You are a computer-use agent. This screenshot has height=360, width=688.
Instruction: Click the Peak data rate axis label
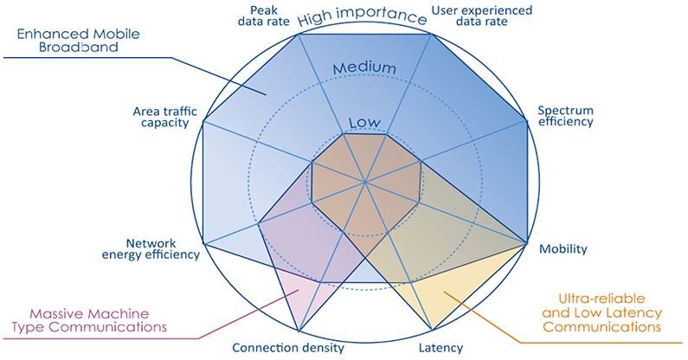point(264,16)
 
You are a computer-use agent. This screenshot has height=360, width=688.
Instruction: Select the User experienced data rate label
point(482,16)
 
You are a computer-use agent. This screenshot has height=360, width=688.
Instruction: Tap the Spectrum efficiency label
point(566,116)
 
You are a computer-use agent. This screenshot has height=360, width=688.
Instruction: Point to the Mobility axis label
point(563,249)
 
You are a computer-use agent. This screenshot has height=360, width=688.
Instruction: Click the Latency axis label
point(441,348)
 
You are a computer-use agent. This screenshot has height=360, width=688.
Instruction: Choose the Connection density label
point(288,348)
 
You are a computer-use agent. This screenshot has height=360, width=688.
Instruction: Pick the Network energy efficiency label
point(151,249)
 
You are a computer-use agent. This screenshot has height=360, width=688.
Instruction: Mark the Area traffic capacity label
point(165,117)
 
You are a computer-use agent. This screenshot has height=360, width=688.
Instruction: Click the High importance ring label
point(363,16)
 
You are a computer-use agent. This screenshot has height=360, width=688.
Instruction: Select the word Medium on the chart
point(364,68)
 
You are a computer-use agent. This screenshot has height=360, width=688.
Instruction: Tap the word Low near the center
point(364,123)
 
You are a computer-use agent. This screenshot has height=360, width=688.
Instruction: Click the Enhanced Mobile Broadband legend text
point(78,41)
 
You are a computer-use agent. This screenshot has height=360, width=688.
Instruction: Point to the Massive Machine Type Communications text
point(89,320)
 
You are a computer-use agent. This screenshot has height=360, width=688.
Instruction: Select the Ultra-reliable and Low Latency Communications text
point(602,312)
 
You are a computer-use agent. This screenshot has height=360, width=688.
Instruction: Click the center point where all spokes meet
point(364,182)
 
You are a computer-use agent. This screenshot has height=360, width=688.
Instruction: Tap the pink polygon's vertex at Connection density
point(299,331)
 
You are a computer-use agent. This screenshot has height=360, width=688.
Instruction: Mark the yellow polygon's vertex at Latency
point(432,331)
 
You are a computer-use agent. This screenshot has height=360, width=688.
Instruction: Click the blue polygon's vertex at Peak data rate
point(299,35)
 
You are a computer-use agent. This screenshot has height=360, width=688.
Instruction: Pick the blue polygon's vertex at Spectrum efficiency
point(526,119)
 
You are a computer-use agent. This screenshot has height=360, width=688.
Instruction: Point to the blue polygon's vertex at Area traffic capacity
point(203,121)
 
